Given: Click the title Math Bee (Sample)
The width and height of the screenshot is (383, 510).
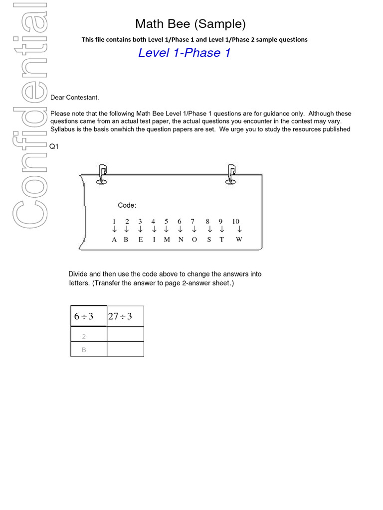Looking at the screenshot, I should tap(191, 24).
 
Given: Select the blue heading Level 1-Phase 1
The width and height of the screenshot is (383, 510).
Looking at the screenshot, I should tap(184, 53).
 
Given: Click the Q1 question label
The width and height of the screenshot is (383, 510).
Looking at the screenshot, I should tap(54, 147).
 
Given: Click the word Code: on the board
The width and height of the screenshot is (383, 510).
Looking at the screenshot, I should tap(127, 205).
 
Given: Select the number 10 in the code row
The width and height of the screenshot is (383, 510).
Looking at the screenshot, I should tap(236, 221).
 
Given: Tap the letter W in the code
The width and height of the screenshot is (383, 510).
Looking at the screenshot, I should tap(239, 240).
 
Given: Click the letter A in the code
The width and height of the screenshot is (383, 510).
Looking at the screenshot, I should tap(114, 240).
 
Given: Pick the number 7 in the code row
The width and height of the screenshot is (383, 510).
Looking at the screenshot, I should tap(192, 221).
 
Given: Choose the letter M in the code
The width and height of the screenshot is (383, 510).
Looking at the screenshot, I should tap(167, 240).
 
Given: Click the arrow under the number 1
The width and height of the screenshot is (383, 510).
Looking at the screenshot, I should tap(114, 230).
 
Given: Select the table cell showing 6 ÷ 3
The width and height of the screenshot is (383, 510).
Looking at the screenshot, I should tap(88, 316).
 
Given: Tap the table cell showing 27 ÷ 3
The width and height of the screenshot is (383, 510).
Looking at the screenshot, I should tap(125, 316).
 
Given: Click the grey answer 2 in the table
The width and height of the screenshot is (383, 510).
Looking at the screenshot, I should tap(84, 337).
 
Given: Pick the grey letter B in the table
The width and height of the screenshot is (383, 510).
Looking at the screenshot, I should tap(84, 350).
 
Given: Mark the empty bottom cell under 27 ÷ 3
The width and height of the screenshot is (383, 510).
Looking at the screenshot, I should tap(125, 349).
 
